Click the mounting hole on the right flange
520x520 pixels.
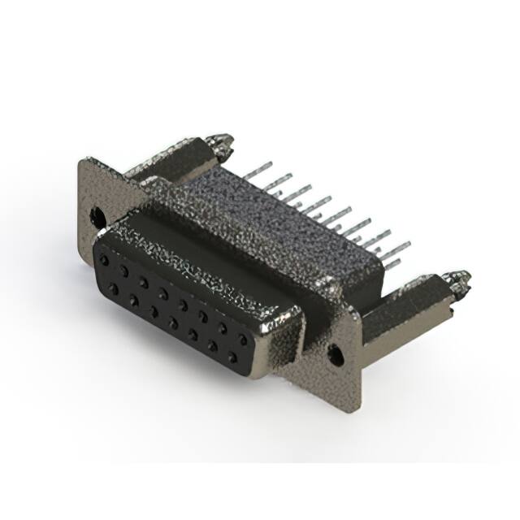point(332,353)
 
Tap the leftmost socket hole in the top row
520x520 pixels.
point(105,257)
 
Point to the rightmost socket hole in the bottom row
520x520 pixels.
point(232,355)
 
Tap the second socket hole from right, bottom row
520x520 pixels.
point(213,344)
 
